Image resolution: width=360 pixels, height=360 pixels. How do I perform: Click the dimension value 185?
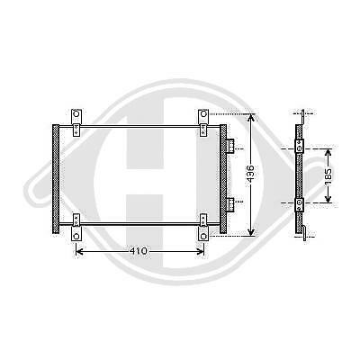click(x=329, y=175)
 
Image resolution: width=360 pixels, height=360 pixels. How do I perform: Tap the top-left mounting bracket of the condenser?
click(x=76, y=117)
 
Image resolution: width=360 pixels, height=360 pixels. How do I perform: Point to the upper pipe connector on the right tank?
click(x=230, y=147)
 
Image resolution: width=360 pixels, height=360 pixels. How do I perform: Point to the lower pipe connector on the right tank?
click(x=230, y=203)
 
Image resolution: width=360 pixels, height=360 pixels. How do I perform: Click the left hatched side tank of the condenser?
click(x=58, y=178)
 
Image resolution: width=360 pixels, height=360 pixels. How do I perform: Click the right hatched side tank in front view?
click(x=222, y=178)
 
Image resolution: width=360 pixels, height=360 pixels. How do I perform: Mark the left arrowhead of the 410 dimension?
click(x=78, y=249)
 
